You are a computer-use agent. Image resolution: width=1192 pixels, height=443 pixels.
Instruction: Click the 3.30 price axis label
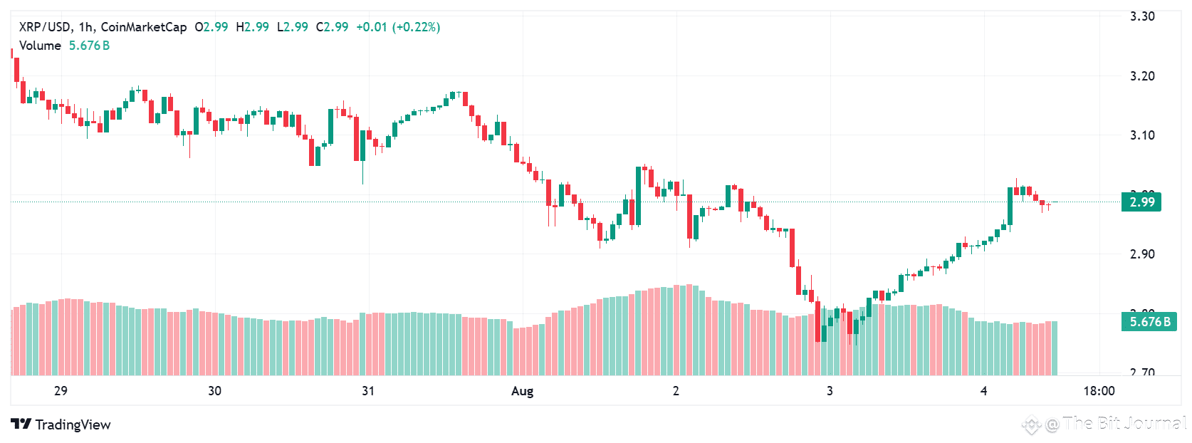click(1142, 16)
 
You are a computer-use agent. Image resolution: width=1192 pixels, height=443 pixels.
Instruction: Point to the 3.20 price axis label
click(1142, 76)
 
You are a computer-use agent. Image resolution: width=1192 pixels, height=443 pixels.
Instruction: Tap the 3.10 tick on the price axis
click(1142, 135)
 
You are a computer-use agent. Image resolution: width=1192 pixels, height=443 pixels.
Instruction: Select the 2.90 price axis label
click(1142, 254)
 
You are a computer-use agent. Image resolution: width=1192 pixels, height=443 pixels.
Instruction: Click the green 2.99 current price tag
click(1141, 202)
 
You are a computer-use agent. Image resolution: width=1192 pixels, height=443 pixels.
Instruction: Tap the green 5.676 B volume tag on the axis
click(1149, 322)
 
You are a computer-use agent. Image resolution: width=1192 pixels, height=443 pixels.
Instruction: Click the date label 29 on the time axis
click(61, 391)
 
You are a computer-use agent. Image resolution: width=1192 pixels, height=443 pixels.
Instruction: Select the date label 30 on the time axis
click(214, 391)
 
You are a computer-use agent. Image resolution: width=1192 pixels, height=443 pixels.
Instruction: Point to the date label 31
click(368, 391)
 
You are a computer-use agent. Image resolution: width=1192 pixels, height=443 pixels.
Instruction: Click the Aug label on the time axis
click(522, 391)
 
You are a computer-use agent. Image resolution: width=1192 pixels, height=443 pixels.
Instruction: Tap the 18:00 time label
click(1099, 391)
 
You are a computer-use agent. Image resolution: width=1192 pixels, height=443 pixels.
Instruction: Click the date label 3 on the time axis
click(830, 391)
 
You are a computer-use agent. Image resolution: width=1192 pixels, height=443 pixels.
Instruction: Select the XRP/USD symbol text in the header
click(44, 27)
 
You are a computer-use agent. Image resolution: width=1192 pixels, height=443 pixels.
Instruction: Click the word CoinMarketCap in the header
click(144, 27)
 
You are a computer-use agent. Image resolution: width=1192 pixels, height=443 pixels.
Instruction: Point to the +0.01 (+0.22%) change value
click(398, 27)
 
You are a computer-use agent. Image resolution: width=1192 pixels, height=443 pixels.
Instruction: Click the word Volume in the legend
click(40, 46)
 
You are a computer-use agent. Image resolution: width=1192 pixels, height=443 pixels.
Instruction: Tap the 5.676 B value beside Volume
click(89, 46)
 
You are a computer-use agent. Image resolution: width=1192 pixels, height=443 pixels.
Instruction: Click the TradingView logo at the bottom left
click(61, 424)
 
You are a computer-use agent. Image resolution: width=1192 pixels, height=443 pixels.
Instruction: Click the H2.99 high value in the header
click(253, 27)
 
